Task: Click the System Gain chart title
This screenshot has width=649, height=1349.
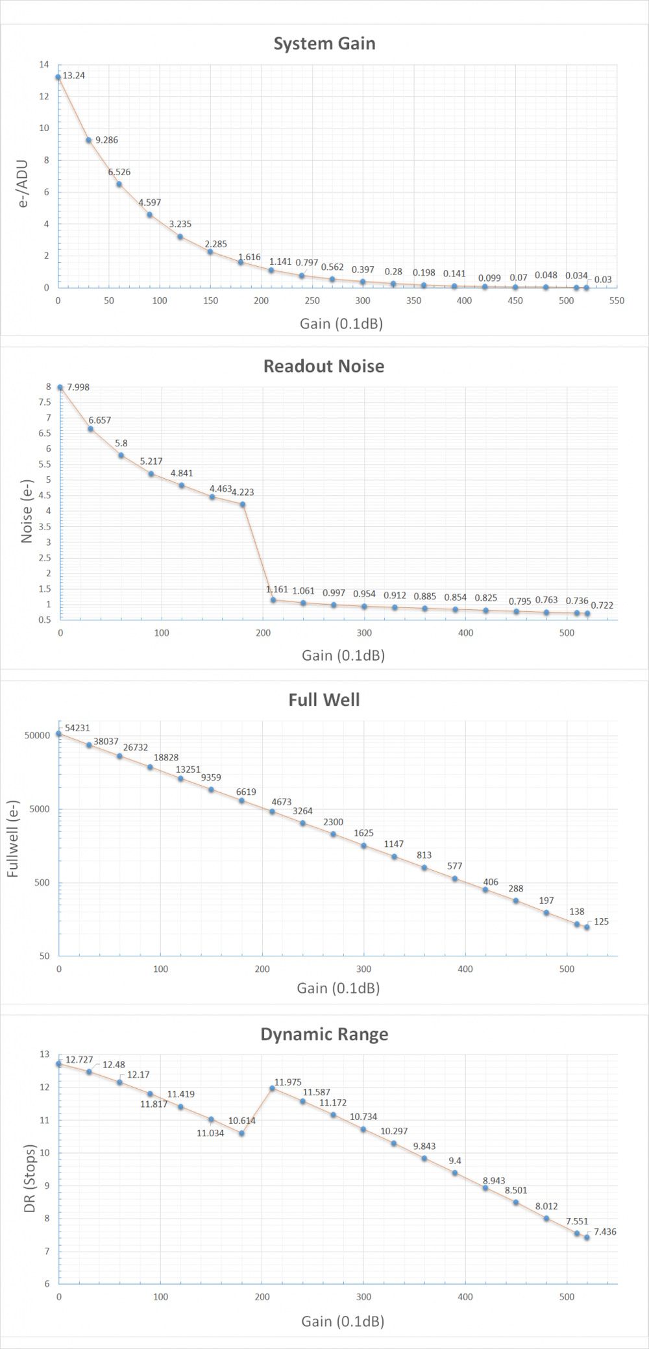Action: [x=324, y=43]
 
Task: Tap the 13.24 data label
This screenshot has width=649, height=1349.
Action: [x=73, y=75]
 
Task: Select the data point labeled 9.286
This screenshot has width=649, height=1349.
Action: [x=89, y=140]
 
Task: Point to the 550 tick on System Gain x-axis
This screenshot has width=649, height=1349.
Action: [x=617, y=300]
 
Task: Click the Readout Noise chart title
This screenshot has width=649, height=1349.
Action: [x=324, y=366]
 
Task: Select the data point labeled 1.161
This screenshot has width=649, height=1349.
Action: [x=273, y=600]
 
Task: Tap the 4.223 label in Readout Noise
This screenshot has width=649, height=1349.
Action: [x=243, y=492]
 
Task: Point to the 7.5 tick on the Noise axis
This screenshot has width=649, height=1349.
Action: [x=44, y=402]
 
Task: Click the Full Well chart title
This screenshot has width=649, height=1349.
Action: [x=324, y=700]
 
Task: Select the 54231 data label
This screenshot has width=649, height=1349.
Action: [x=77, y=729]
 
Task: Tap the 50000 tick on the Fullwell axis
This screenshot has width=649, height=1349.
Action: [x=38, y=736]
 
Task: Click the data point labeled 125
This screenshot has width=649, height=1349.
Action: [x=587, y=927]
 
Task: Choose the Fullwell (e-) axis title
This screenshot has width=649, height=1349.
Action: [x=13, y=840]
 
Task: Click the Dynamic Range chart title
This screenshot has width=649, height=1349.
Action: [x=324, y=1034]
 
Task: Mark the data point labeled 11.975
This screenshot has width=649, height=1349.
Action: [x=272, y=1088]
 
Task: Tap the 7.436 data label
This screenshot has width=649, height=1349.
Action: [x=604, y=1231]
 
